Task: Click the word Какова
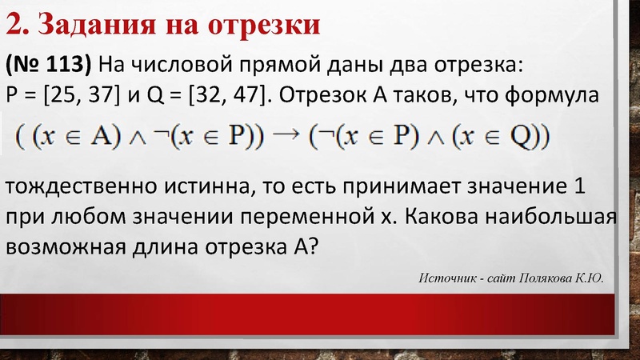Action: [462, 217]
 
